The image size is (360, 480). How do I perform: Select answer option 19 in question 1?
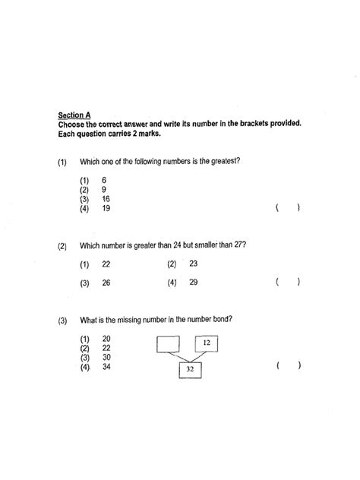(104, 208)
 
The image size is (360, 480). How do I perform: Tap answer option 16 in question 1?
(104, 199)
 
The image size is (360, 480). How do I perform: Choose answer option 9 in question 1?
(103, 190)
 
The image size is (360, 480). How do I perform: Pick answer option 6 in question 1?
(103, 181)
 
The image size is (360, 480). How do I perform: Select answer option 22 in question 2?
(105, 264)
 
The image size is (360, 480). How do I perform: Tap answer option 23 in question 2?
(193, 264)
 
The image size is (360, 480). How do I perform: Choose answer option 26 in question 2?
(105, 283)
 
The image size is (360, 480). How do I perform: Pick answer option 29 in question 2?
(193, 283)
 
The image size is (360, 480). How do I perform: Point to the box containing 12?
(207, 343)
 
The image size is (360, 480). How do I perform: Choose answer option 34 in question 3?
(106, 366)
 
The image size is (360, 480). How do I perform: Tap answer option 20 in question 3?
(106, 339)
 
